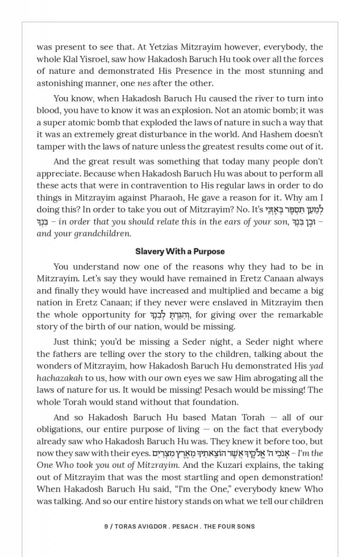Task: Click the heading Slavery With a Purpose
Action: pos(180,252)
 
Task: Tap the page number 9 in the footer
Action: pos(106,526)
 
